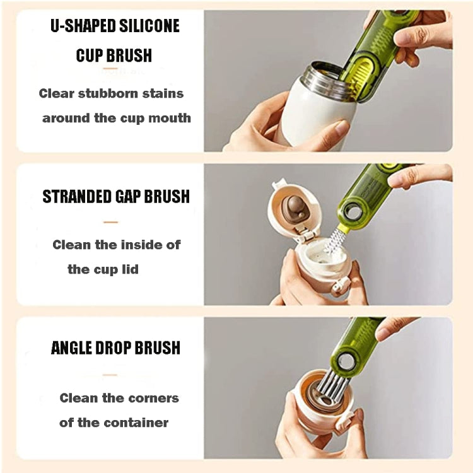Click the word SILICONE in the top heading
pos(149,26)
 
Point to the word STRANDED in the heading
pos(73,196)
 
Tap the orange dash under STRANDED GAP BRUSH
pos(110,222)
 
